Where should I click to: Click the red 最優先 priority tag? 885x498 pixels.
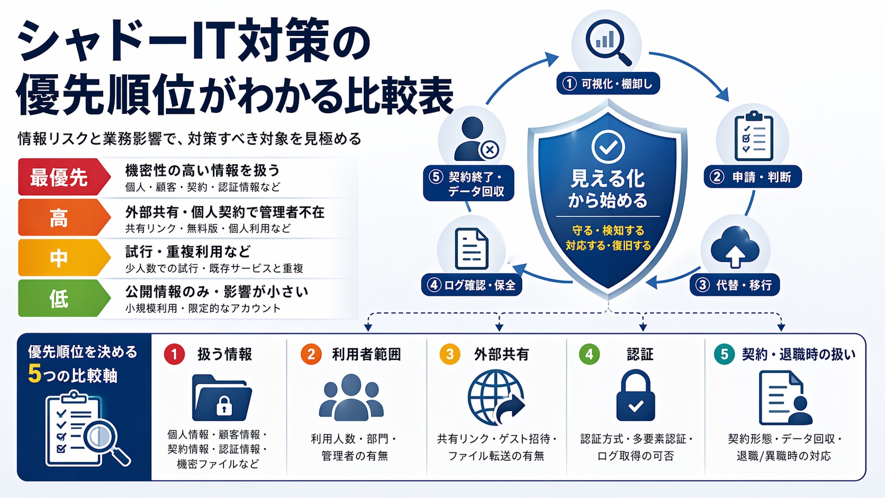pos(63,177)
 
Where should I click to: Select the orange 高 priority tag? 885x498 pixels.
pos(63,218)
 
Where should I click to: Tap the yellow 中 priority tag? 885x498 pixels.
pos(63,258)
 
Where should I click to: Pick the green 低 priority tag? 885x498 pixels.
pos(63,298)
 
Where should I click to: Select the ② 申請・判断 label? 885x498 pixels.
pos(753,177)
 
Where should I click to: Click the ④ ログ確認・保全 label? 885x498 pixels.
pos(472,285)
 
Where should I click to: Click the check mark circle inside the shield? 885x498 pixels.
pos(608,147)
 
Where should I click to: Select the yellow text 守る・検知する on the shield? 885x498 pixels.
pos(608,230)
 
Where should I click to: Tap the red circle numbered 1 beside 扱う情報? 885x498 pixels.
pos(174,354)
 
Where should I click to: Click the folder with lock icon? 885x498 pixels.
pos(222,397)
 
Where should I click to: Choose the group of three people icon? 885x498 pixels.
pos(351,397)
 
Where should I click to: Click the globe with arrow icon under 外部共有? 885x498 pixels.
pos(496,397)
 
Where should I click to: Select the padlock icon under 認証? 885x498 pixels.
pos(636,395)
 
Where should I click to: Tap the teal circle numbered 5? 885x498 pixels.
pos(724,354)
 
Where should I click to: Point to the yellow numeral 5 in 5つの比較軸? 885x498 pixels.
pos(34,374)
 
